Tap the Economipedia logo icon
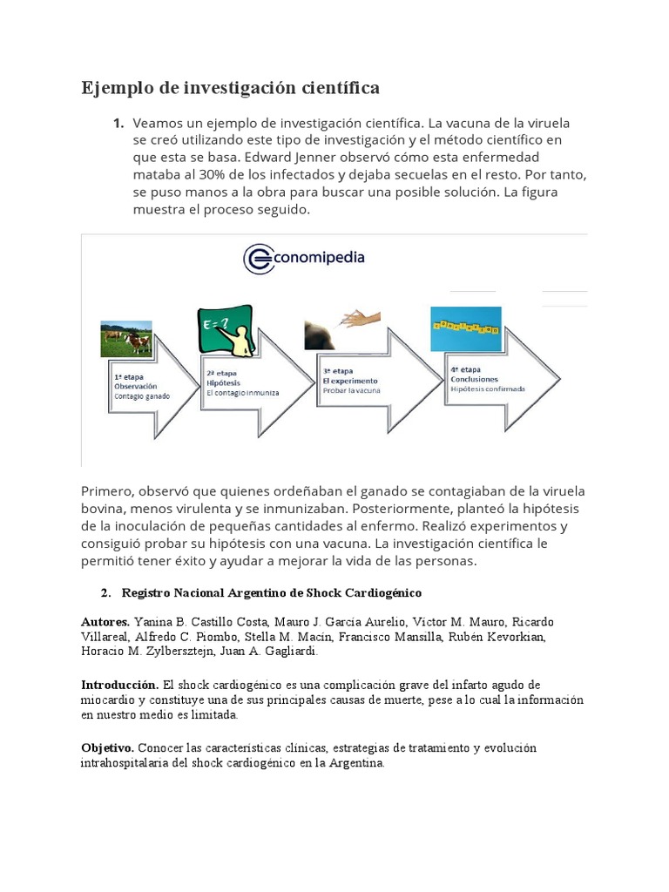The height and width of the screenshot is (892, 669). [258, 259]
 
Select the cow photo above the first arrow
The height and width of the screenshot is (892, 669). [127, 340]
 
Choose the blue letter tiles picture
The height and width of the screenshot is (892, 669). [466, 328]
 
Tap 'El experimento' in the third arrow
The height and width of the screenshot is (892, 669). [350, 381]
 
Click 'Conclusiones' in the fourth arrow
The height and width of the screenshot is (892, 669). [475, 379]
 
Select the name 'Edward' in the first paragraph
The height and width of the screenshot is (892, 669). [272, 158]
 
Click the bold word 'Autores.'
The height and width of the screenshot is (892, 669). [105, 622]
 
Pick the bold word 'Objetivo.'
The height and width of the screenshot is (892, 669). [108, 748]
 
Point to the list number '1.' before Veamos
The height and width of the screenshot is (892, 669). [118, 123]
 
